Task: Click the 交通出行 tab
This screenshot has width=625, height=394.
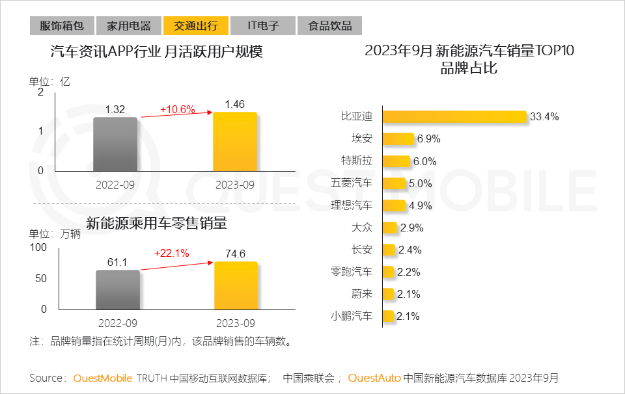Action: click(195, 26)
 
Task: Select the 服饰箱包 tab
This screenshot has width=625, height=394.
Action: click(62, 26)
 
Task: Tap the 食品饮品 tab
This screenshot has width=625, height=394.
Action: click(329, 26)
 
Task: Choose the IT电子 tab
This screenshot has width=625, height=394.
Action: click(263, 26)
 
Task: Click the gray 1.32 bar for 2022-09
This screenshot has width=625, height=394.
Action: click(115, 144)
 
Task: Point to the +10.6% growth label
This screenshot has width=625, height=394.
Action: click(178, 109)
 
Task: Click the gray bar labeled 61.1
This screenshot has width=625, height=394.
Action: click(118, 289)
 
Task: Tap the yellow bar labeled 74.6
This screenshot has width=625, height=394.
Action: click(236, 285)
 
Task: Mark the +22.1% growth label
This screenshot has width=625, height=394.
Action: click(171, 254)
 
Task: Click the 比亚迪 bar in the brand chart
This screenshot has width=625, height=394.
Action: click(454, 117)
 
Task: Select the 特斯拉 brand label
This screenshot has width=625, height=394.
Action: click(357, 161)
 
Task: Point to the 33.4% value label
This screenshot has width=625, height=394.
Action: click(545, 117)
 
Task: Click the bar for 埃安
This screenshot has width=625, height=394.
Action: click(398, 139)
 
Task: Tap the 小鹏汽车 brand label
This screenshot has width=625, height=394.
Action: click(352, 316)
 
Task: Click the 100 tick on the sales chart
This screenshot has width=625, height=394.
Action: click(38, 248)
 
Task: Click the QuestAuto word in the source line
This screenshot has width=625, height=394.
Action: click(374, 378)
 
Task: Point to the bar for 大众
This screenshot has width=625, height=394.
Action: click(389, 228)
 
